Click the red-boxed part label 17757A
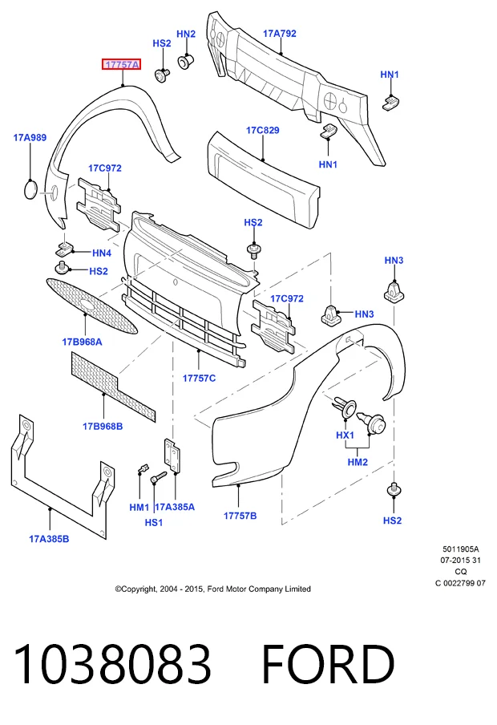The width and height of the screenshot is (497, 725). click(122, 65)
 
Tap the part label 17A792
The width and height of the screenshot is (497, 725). click(280, 34)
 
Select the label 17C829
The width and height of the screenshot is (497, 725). click(263, 130)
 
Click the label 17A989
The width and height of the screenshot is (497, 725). click(30, 137)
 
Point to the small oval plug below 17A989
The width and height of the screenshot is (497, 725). click(31, 190)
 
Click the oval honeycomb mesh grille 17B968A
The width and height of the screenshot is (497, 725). click(91, 306)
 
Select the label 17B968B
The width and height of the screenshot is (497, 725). click(103, 427)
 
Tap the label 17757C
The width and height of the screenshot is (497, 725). click(200, 379)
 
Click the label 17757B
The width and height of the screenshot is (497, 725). click(240, 516)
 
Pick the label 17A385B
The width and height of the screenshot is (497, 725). click(49, 539)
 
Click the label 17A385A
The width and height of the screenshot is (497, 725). click(175, 507)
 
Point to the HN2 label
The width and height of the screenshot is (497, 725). click(186, 34)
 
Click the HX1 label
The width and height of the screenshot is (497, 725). click(345, 435)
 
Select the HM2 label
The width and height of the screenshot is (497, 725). click(358, 462)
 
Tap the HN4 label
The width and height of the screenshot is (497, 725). click(102, 253)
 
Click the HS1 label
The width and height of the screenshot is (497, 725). click(154, 522)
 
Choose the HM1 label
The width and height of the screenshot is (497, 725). click(139, 507)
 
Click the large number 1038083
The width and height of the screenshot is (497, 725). click(112, 664)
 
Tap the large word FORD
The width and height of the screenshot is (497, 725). click(328, 664)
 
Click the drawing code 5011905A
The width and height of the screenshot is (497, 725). click(460, 549)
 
